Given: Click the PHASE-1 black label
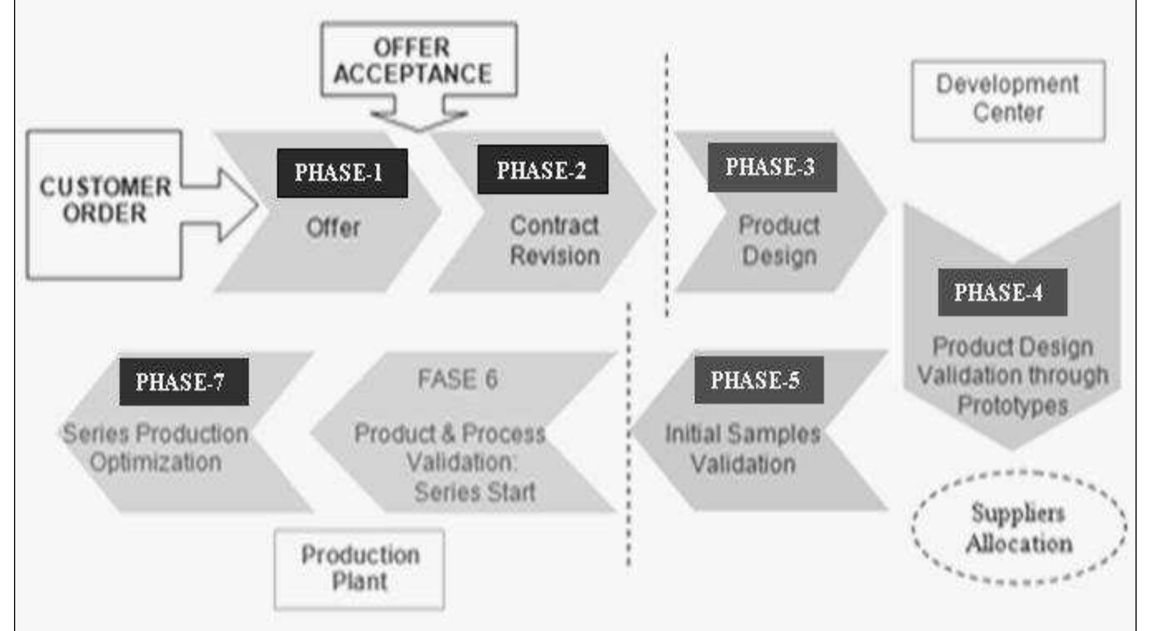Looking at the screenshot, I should point(342,173).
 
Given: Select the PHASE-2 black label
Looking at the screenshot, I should point(542,170).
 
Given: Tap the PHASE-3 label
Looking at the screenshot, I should point(772,167).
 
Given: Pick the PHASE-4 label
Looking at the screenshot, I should point(1002,292).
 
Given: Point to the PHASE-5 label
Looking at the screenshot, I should point(758,380).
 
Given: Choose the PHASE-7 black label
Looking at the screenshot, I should point(184,382).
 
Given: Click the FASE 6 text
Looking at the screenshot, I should point(458,379).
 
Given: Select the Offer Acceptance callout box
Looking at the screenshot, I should point(418,61).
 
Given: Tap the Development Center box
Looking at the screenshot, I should point(1008,100).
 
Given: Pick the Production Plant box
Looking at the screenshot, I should point(359,569).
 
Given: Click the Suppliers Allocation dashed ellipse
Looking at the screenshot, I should point(1018,528).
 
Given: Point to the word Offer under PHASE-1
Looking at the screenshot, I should point(333,228).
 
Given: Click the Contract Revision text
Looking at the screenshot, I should point(555,241).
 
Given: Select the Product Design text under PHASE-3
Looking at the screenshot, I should point(779,241).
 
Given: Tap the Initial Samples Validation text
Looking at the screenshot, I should point(743,449).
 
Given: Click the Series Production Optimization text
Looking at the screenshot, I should point(155,448).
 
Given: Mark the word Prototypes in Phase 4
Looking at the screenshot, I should point(1013,405).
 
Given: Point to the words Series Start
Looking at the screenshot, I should point(475,492).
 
